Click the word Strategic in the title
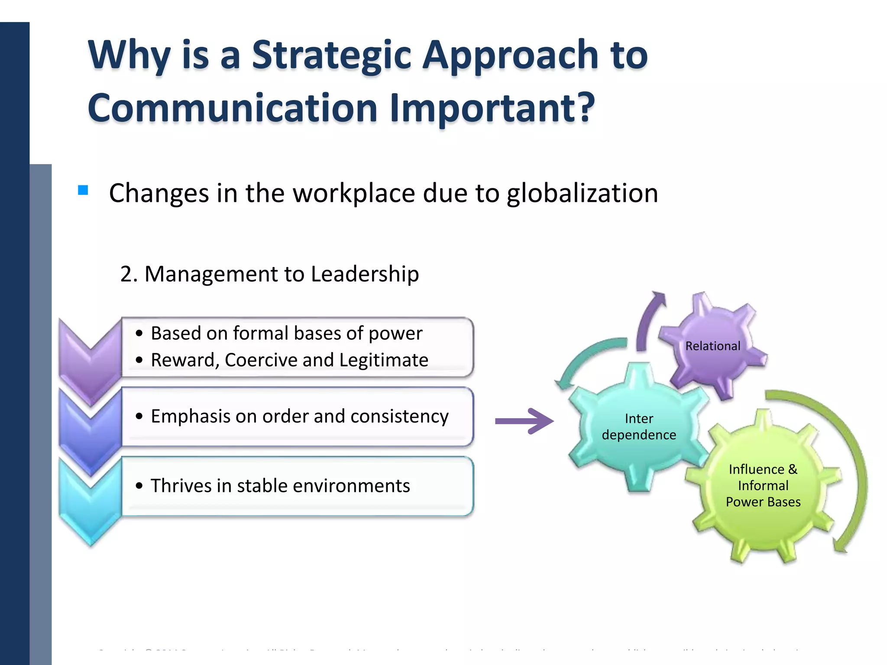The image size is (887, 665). point(331,55)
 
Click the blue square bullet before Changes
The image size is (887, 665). point(83,190)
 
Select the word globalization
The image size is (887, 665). point(582,193)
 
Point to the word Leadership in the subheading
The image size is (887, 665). point(365,274)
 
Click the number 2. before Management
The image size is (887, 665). point(129,274)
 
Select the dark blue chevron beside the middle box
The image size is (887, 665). point(90,429)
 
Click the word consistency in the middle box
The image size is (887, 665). point(399,416)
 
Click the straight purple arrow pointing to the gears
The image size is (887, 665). point(524,421)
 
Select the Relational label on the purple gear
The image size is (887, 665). point(712,346)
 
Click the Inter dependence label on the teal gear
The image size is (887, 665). point(639,426)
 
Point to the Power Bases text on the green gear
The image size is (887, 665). point(763,502)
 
